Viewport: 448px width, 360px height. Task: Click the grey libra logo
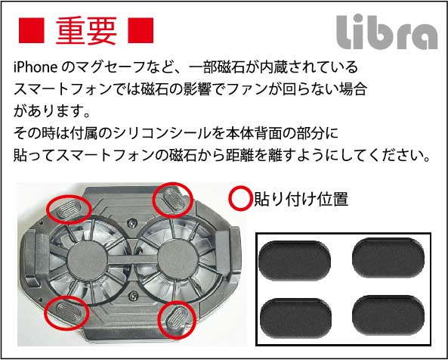pyautogui.click(x=387, y=32)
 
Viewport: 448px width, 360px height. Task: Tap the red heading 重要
pyautogui.click(x=86, y=31)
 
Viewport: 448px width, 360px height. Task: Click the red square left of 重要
pyautogui.click(x=32, y=30)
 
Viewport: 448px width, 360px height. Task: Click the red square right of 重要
pyautogui.click(x=141, y=30)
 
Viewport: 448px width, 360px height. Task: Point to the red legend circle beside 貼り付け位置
pyautogui.click(x=241, y=198)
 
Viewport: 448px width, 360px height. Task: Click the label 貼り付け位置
pyautogui.click(x=301, y=199)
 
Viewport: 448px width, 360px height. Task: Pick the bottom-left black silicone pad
pyautogui.click(x=295, y=318)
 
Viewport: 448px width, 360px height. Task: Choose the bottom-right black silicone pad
pyautogui.click(x=388, y=315)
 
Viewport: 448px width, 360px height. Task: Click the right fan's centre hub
pyautogui.click(x=178, y=259)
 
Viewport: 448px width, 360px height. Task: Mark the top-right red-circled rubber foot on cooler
pyautogui.click(x=172, y=199)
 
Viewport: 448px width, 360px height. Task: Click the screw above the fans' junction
pyautogui.click(x=131, y=222)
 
